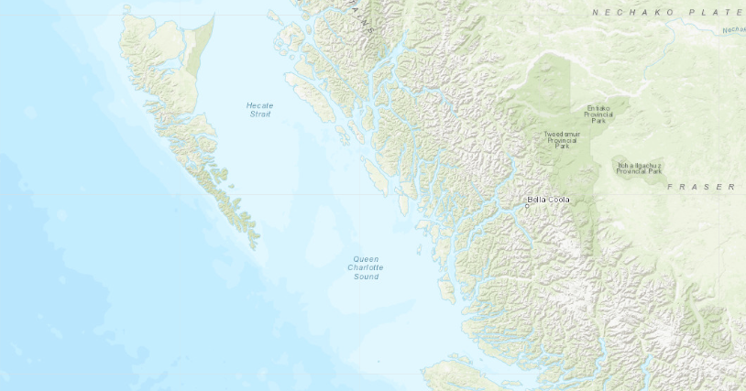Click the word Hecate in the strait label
pyautogui.click(x=259, y=105)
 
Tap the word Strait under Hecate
pyautogui.click(x=259, y=114)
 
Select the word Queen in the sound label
pyautogui.click(x=365, y=259)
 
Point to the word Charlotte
pyautogui.click(x=365, y=267)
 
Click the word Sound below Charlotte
pyautogui.click(x=365, y=277)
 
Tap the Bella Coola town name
pyautogui.click(x=549, y=200)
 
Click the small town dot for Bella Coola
pyautogui.click(x=527, y=207)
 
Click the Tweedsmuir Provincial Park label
pyautogui.click(x=561, y=139)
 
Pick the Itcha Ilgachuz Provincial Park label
pyautogui.click(x=639, y=168)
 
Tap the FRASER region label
pyautogui.click(x=701, y=187)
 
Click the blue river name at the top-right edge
pyautogui.click(x=734, y=29)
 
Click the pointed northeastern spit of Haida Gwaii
pyautogui.click(x=213, y=16)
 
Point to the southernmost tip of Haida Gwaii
pyautogui.click(x=257, y=247)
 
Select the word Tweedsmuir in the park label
pyautogui.click(x=561, y=134)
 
